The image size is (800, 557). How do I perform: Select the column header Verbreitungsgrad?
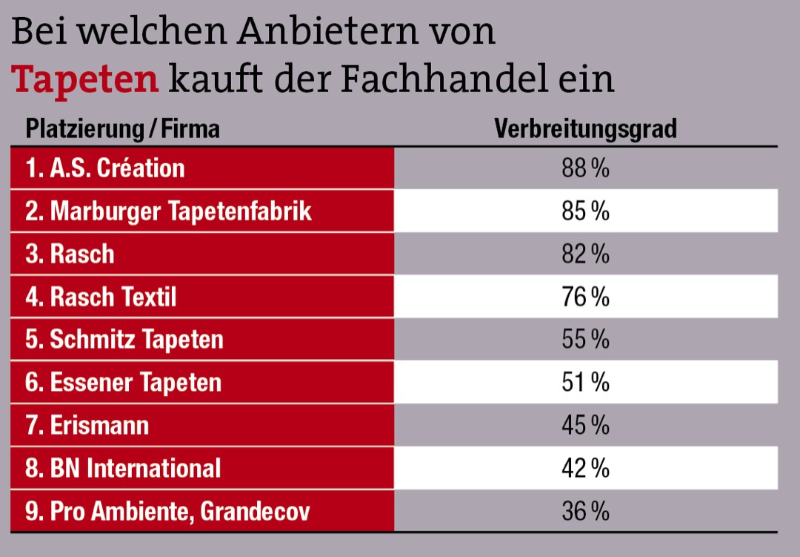tap(585, 129)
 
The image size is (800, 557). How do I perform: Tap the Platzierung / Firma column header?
tap(123, 129)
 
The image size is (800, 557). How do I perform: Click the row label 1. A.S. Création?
tap(105, 168)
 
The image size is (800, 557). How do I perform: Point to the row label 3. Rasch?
tap(70, 254)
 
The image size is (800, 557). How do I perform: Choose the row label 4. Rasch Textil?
tap(101, 297)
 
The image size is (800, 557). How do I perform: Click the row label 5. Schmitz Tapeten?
tap(124, 340)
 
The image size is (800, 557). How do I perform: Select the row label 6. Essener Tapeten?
tap(124, 383)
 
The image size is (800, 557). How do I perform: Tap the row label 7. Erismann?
tap(87, 426)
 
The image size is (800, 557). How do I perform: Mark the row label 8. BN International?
tap(123, 469)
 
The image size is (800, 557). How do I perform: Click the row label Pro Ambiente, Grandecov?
tap(167, 512)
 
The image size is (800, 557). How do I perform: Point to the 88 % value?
tap(585, 168)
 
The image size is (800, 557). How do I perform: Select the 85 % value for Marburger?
tap(585, 211)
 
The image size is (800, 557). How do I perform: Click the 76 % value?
tap(585, 297)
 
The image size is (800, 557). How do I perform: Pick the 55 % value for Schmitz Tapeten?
tap(585, 340)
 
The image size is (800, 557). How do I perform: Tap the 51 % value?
tap(585, 383)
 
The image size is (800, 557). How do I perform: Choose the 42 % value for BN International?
tap(585, 469)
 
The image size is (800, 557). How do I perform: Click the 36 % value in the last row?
tap(585, 512)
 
